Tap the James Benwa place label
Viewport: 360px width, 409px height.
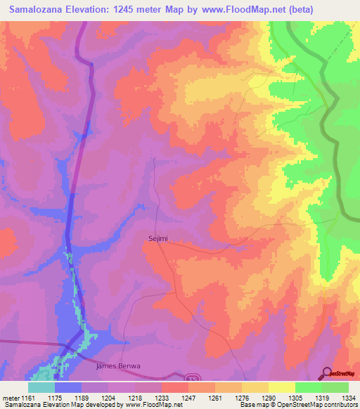coord(118,366)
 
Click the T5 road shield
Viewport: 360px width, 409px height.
coord(193,378)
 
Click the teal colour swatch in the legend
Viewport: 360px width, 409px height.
coord(41,387)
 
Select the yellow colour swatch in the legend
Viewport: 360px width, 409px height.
coord(282,387)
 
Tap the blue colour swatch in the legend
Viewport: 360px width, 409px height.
coord(68,387)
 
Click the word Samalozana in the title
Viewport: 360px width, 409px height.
coord(34,9)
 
